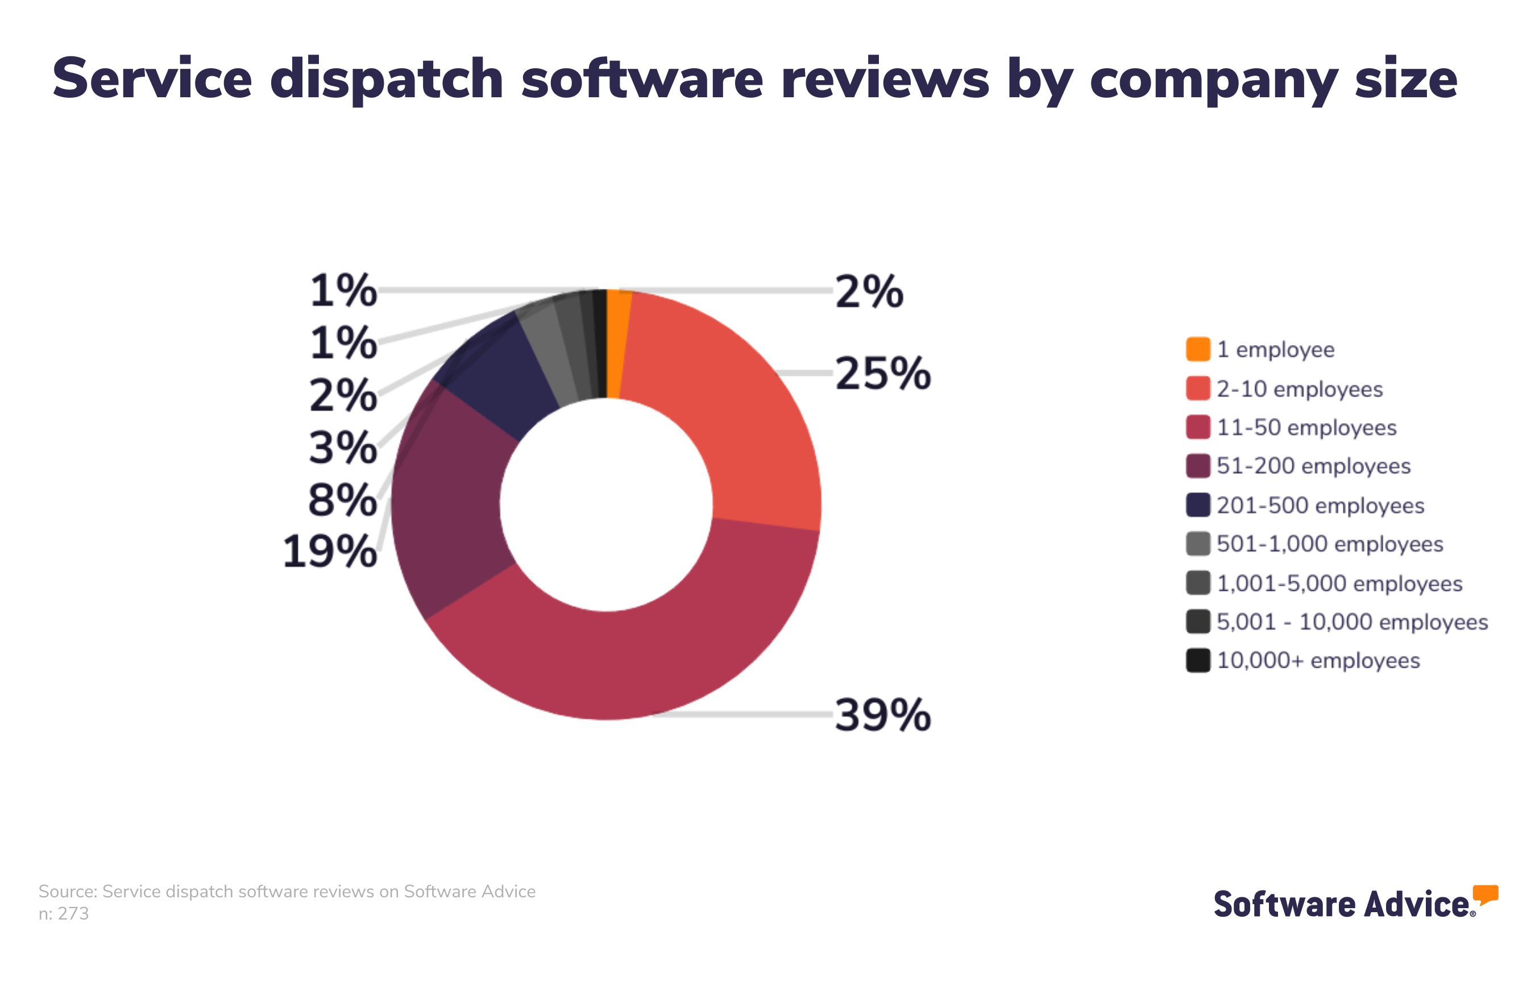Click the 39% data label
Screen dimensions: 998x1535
coord(882,715)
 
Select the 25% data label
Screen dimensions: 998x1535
coord(882,374)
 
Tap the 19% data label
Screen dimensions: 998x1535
coord(330,552)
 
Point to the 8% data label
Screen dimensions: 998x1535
coord(342,500)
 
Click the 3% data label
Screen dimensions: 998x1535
coord(342,448)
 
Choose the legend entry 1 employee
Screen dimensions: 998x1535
coord(1275,350)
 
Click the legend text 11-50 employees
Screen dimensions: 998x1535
coord(1306,428)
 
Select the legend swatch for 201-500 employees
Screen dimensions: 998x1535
coord(1198,505)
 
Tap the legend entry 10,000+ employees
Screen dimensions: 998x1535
coord(1318,661)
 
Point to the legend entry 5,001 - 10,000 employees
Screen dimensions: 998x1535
coord(1351,622)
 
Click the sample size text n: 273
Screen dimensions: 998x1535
coord(63,913)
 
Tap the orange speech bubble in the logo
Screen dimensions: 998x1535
coord(1486,894)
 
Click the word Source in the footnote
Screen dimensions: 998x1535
coord(67,892)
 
